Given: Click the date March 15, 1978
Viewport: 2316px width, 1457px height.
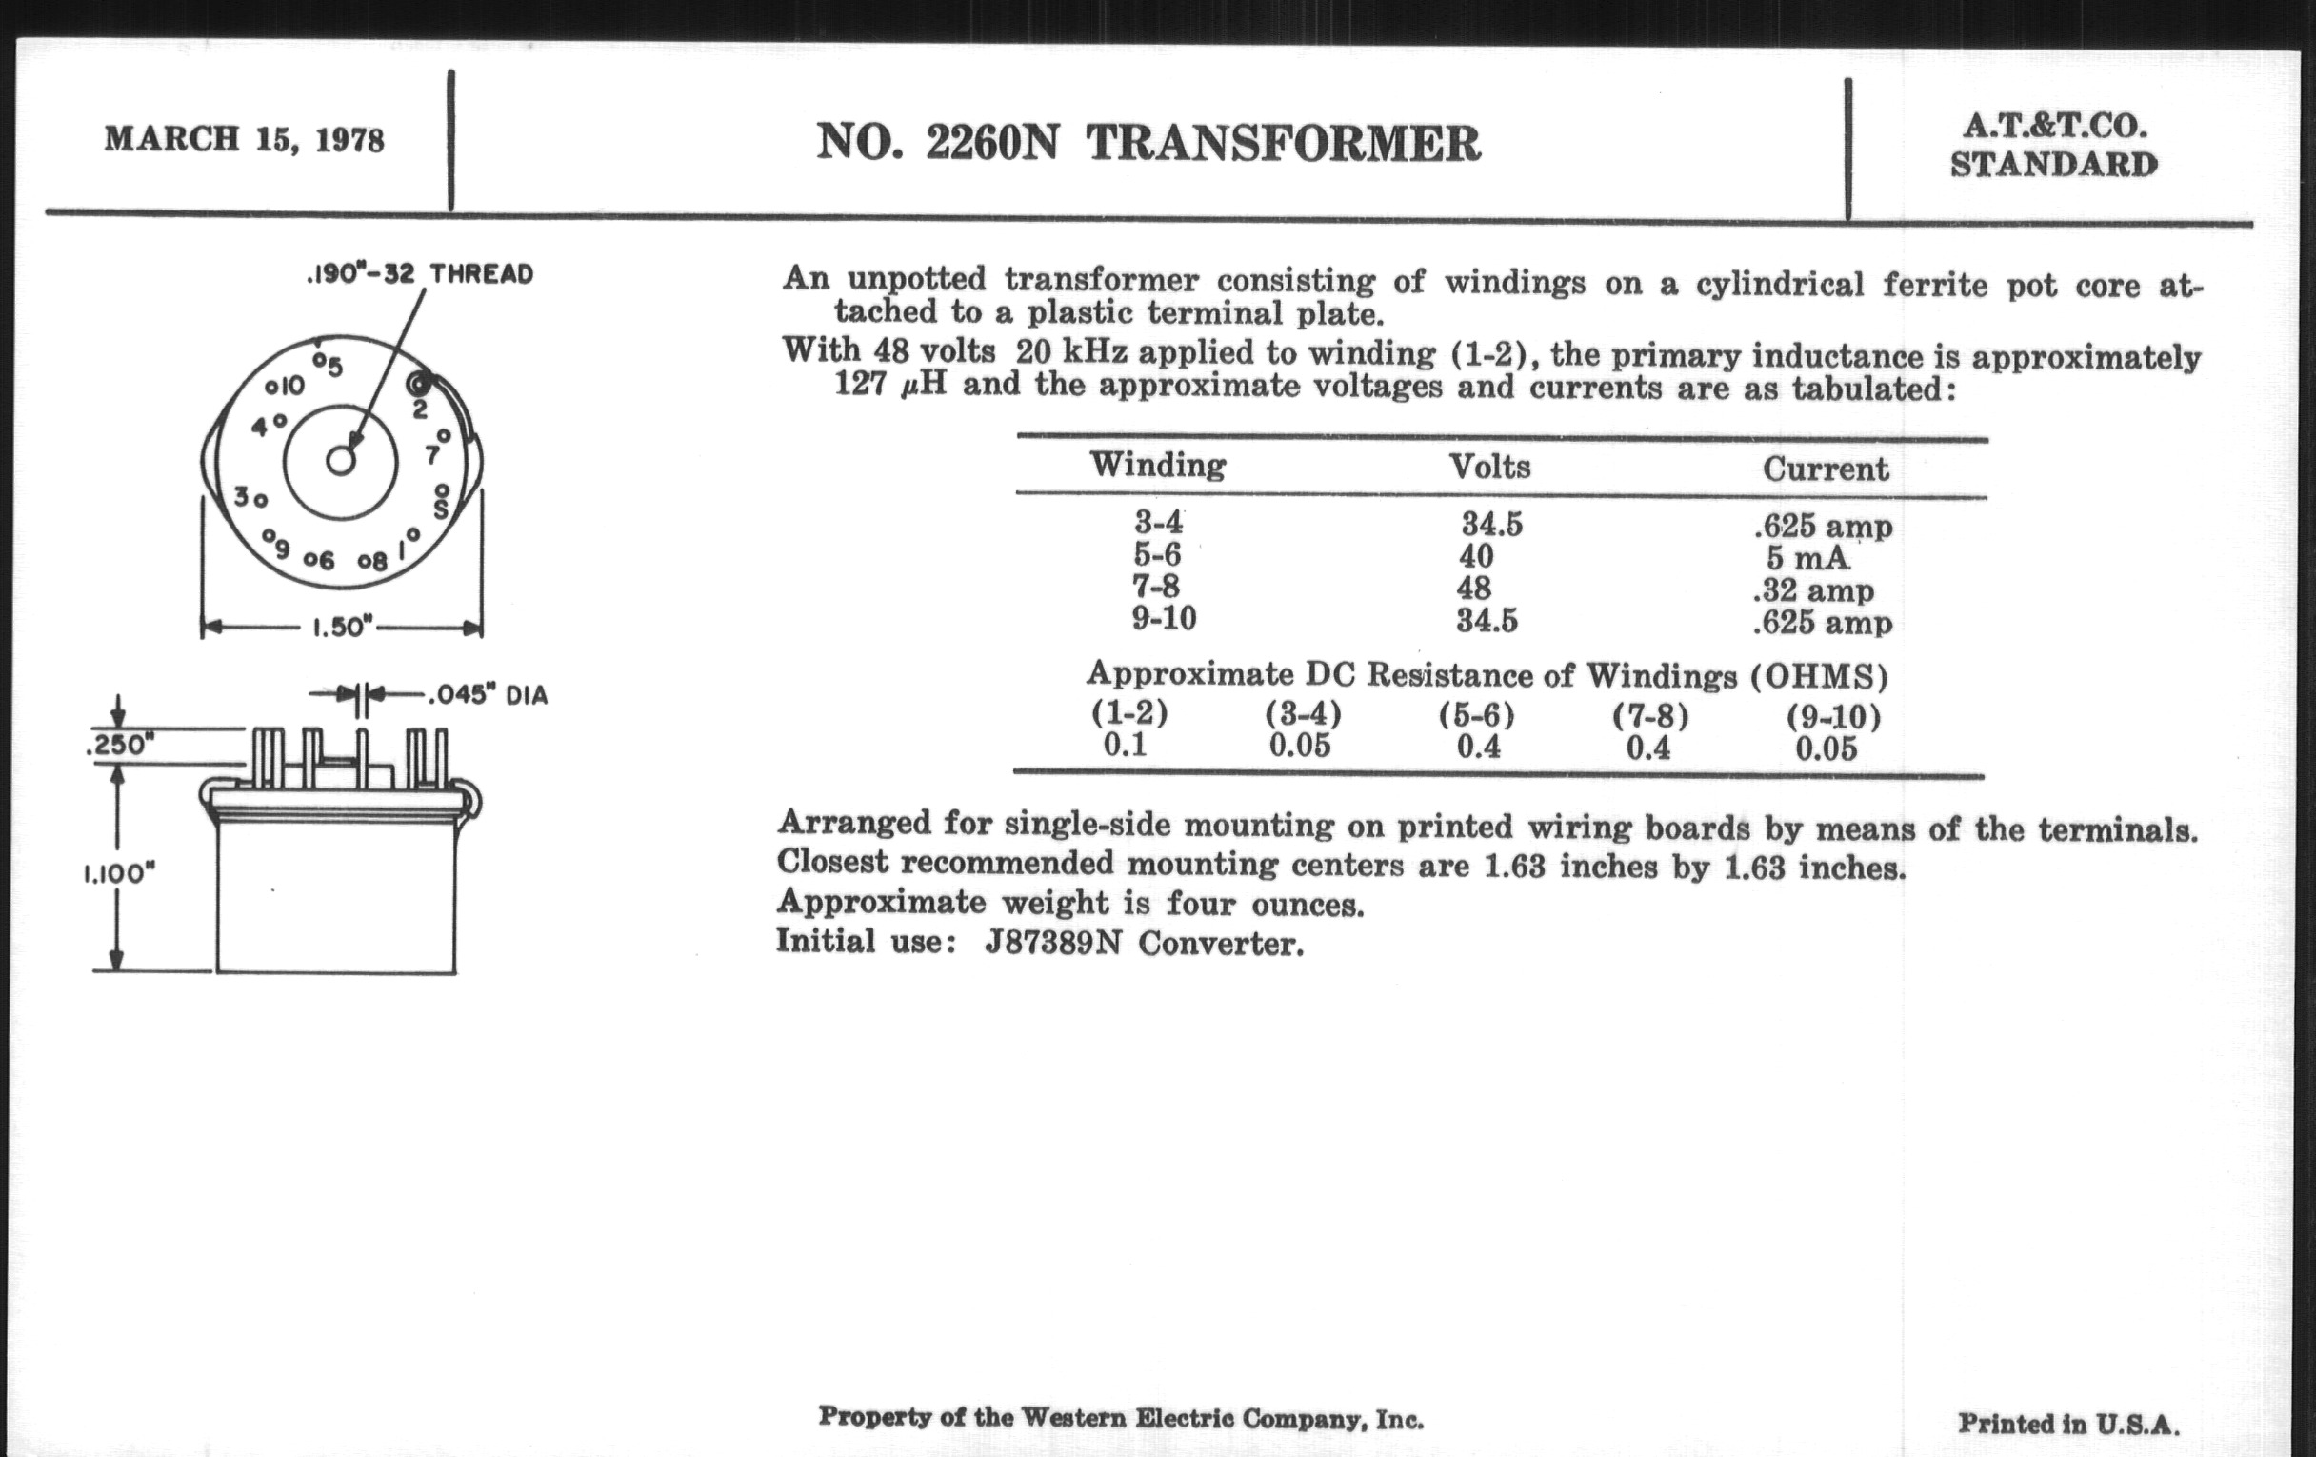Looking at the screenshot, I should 245,140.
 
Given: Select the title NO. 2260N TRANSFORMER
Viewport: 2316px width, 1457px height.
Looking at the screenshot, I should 1148,144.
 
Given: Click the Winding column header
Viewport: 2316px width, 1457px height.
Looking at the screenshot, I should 1157,467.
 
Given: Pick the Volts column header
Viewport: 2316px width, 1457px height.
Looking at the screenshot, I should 1489,468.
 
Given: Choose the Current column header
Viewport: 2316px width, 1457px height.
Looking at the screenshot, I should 1825,469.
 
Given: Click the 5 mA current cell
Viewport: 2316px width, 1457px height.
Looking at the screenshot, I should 1807,558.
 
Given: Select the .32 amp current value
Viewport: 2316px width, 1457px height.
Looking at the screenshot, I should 1813,589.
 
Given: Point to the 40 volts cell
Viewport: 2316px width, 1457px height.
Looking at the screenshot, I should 1476,557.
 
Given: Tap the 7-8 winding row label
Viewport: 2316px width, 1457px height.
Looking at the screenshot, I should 1156,587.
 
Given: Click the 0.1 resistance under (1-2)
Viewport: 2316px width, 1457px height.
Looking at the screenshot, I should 1126,746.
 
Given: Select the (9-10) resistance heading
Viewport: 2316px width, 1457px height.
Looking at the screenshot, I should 1834,717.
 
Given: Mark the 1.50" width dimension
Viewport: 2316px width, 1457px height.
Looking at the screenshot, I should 342,628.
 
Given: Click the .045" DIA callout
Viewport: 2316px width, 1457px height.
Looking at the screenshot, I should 487,695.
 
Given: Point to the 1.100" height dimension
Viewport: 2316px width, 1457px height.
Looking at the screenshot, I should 119,873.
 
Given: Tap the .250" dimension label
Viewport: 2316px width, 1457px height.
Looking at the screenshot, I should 120,746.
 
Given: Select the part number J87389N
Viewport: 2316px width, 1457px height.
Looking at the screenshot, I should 1053,944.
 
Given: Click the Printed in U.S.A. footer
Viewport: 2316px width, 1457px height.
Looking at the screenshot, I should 2067,1424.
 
